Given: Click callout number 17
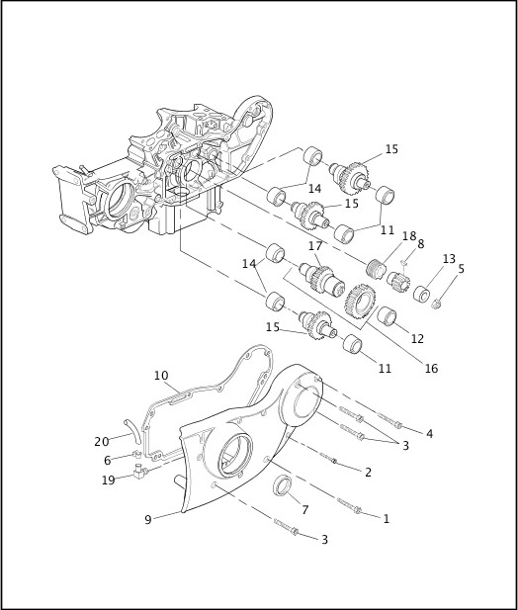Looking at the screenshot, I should (x=315, y=246).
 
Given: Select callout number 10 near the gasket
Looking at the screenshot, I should (x=161, y=376).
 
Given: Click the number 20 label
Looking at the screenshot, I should (x=101, y=441).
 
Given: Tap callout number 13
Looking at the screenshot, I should (x=449, y=259).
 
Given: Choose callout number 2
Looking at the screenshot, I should (x=368, y=472).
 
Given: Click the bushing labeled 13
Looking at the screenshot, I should (x=420, y=294).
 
